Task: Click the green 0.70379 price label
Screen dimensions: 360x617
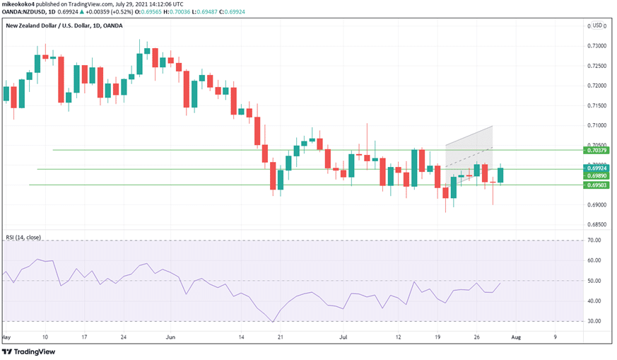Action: [597, 151]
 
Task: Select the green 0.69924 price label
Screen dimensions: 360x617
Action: [597, 168]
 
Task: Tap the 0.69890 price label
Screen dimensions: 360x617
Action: [597, 175]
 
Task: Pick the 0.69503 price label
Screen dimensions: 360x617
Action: [597, 185]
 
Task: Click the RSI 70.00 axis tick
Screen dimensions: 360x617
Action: [595, 240]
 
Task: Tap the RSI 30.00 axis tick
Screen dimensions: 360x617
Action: [595, 321]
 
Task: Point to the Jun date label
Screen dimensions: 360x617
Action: [170, 337]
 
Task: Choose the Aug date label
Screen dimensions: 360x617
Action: [516, 337]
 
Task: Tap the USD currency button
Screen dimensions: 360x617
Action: [598, 25]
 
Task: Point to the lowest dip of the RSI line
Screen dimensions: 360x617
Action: [273, 322]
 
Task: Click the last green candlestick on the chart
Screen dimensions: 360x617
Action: [500, 175]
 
